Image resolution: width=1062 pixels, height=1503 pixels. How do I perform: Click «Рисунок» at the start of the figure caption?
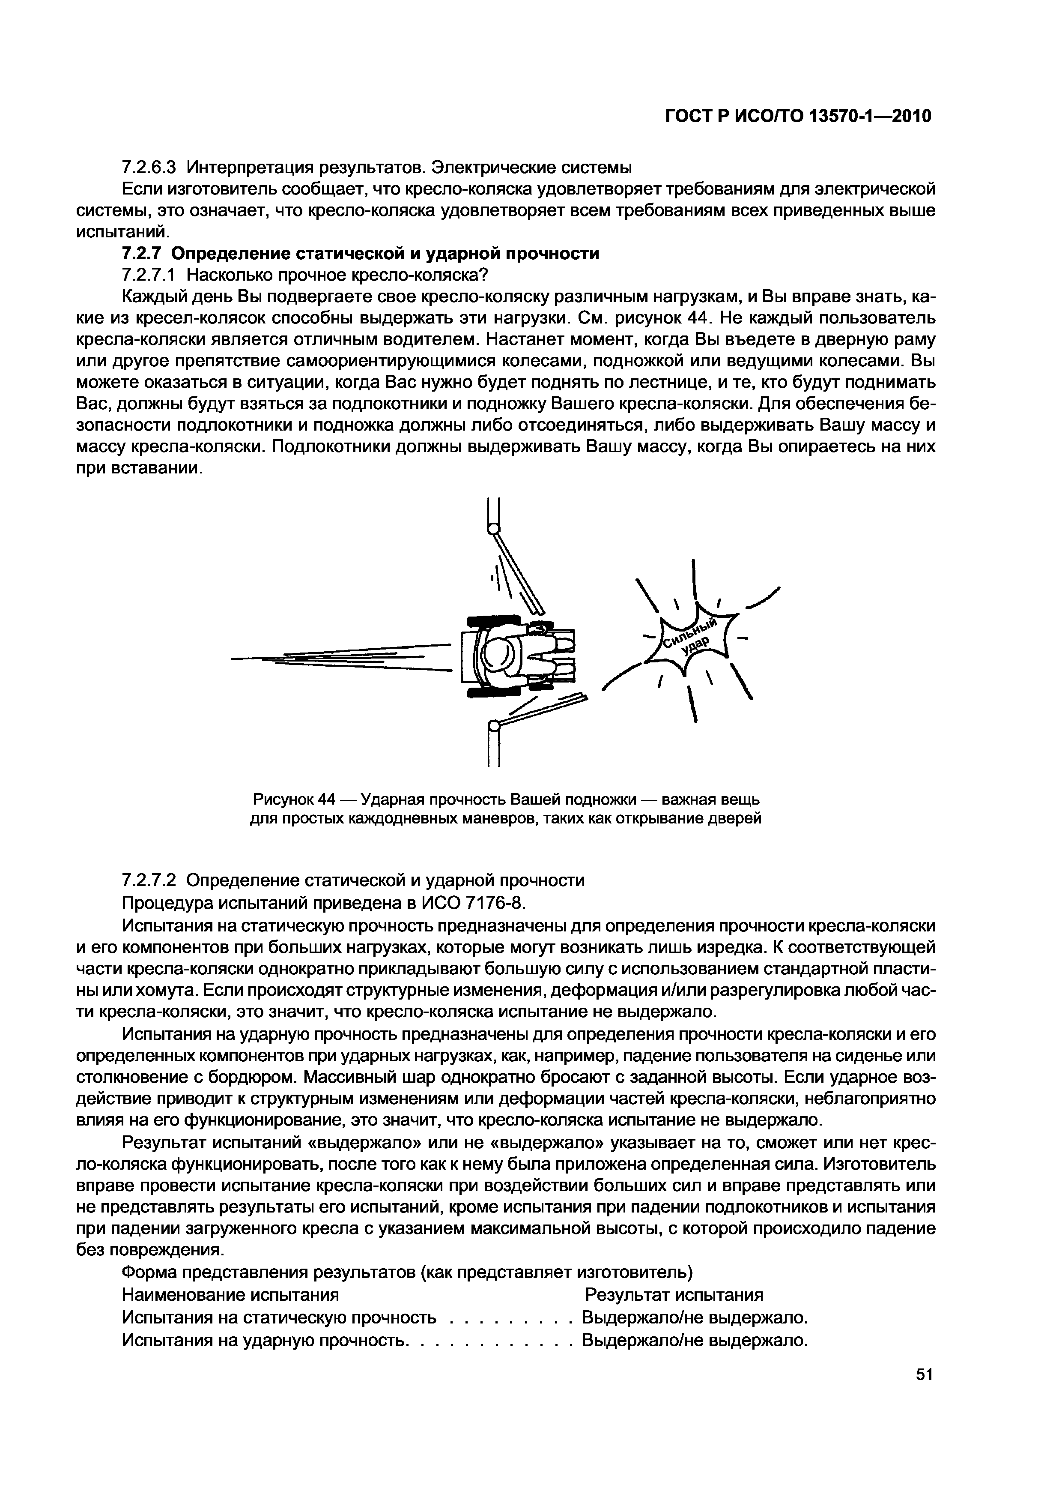click(283, 799)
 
